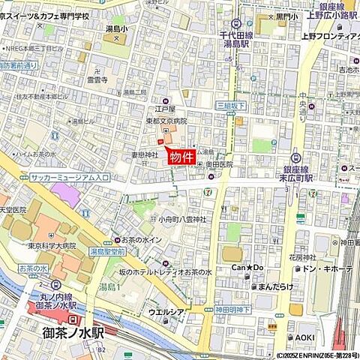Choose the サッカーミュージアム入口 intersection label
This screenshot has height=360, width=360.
tap(70, 178)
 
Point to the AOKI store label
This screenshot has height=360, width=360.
tap(304, 337)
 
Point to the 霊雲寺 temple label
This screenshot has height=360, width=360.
tap(97, 78)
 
